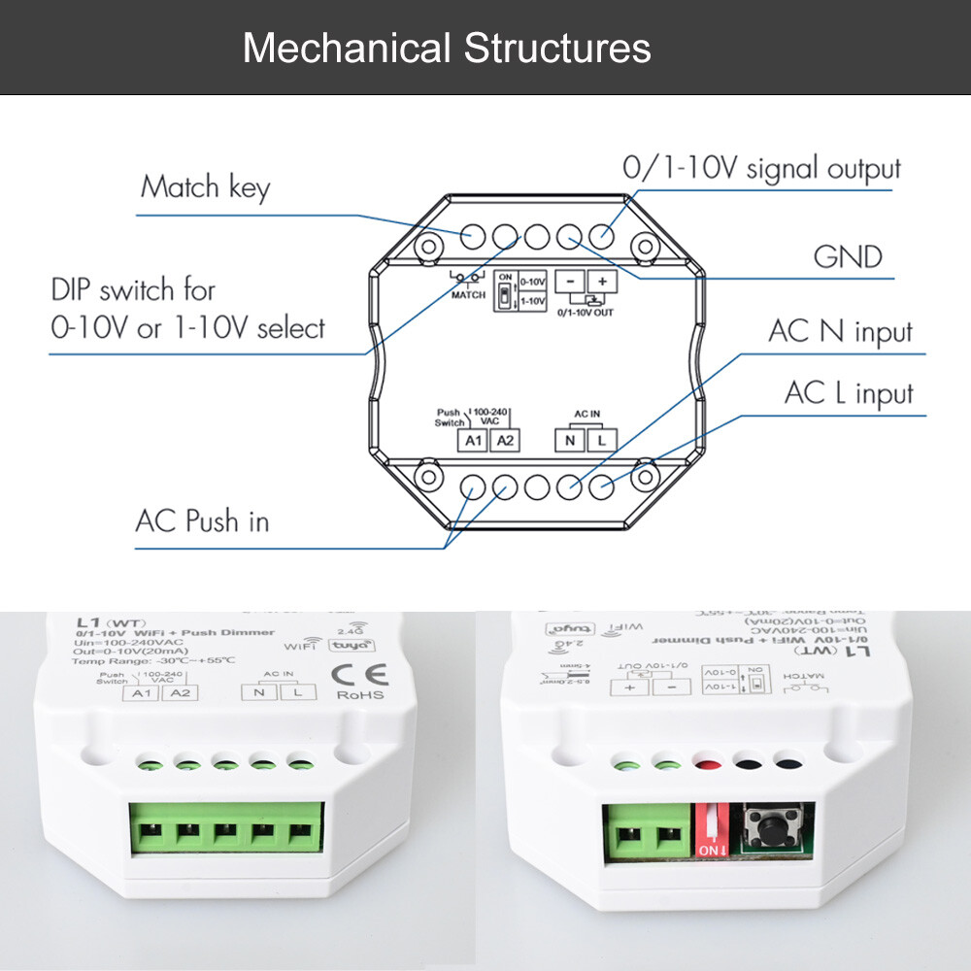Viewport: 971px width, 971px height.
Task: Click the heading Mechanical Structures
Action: point(447,48)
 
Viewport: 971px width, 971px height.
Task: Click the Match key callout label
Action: point(205,186)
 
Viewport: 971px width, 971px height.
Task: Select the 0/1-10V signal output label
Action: point(761,168)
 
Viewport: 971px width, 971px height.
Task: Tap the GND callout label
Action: point(848,257)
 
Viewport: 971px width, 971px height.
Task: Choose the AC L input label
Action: point(849,393)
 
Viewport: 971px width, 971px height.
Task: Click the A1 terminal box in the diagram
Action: point(473,441)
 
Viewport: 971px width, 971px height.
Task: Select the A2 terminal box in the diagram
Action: point(504,441)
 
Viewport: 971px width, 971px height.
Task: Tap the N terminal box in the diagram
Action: point(568,441)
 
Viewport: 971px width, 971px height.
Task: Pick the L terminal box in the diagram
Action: point(602,441)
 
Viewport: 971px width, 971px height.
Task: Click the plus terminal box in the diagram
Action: point(602,282)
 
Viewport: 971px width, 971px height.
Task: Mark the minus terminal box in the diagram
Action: point(570,282)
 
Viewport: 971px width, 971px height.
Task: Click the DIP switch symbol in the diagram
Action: point(504,290)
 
